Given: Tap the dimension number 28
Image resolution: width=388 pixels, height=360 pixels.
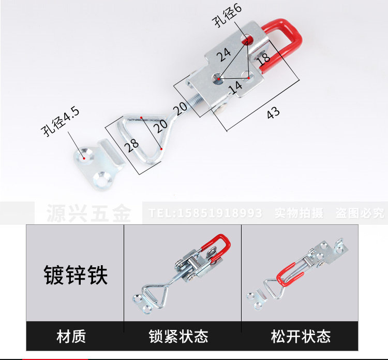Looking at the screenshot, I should pos(133,143).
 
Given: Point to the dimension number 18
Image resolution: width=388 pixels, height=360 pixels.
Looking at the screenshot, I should pos(263,57).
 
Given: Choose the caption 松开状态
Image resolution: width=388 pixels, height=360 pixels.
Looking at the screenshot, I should pos(301,337).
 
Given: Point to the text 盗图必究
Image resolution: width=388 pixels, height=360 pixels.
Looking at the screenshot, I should pos(360,213).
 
